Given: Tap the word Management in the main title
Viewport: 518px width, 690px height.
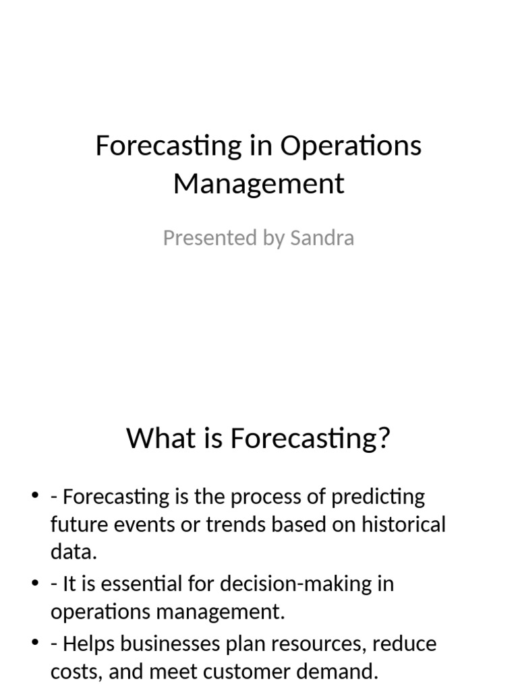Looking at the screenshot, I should tap(259, 184).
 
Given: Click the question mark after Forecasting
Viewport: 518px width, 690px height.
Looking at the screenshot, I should tap(384, 439).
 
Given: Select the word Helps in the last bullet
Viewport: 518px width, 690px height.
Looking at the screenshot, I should tap(88, 644).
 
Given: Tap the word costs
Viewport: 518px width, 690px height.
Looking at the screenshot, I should tap(76, 671).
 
